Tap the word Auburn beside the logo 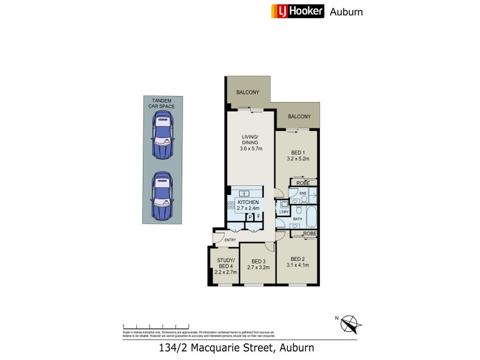pyautogui.click(x=346, y=11)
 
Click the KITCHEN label pyautogui.click(x=248, y=202)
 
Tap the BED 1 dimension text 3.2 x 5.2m pyautogui.click(x=298, y=159)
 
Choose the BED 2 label pyautogui.click(x=298, y=259)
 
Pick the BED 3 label pyautogui.click(x=258, y=261)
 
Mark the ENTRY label pyautogui.click(x=229, y=241)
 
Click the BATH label pyautogui.click(x=297, y=219)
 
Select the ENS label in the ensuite pyautogui.click(x=304, y=193)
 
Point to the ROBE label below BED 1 pyautogui.click(x=302, y=182)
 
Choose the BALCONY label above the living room pyautogui.click(x=247, y=92)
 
